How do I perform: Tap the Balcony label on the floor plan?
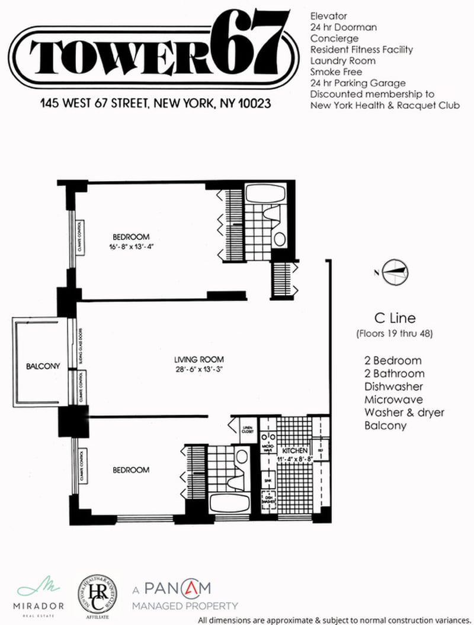tap(43, 366)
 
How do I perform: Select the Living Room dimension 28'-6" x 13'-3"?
tap(199, 369)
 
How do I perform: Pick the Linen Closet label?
tap(248, 430)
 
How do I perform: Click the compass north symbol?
tap(395, 273)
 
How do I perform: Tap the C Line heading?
tap(395, 319)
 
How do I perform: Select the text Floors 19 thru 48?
tap(395, 334)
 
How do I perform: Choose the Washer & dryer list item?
tap(404, 412)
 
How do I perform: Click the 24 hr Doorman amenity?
tap(343, 27)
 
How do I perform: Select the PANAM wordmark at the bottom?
tap(178, 589)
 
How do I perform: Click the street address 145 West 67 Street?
tap(155, 104)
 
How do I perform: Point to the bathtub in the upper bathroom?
tap(265, 194)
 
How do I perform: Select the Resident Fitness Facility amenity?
tap(361, 49)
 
